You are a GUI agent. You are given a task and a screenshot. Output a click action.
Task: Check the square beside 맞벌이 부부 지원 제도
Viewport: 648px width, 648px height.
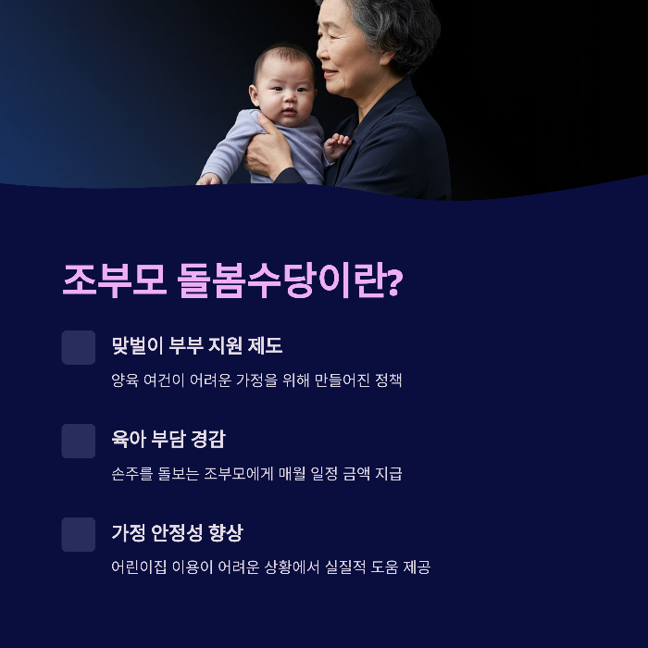pyautogui.click(x=79, y=347)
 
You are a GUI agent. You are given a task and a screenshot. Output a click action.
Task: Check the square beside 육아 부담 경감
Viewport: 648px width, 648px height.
pyautogui.click(x=79, y=441)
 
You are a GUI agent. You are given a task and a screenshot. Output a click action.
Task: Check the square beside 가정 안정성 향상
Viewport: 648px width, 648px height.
pyautogui.click(x=79, y=534)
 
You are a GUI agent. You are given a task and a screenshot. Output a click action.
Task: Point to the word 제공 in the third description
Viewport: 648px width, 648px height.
pyautogui.click(x=414, y=567)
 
